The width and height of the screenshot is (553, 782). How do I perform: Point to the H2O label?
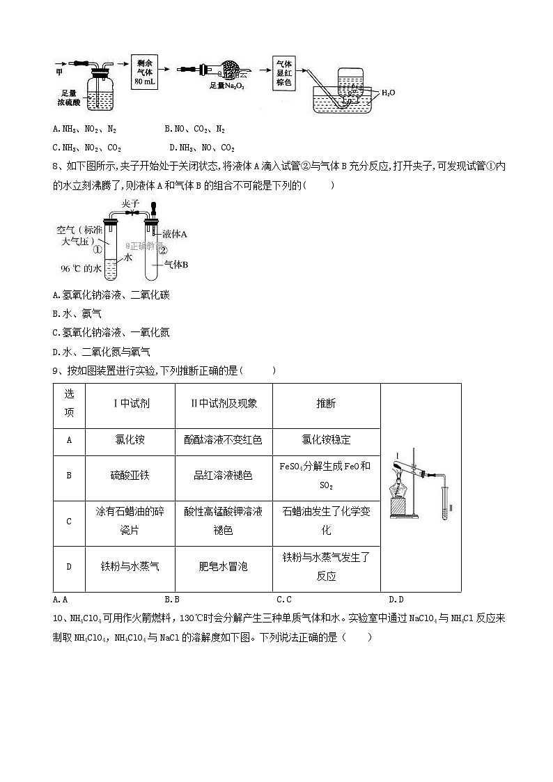(389, 92)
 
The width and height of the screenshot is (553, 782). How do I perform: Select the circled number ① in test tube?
(98, 249)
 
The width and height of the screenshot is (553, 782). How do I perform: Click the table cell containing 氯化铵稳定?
(326, 440)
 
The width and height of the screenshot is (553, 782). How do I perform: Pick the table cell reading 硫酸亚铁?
(130, 475)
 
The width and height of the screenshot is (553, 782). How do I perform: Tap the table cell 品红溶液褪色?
(223, 475)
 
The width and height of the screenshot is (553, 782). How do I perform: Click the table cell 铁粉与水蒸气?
(130, 566)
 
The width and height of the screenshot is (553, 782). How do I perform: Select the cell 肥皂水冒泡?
(223, 566)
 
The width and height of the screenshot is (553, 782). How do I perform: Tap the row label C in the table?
(69, 521)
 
